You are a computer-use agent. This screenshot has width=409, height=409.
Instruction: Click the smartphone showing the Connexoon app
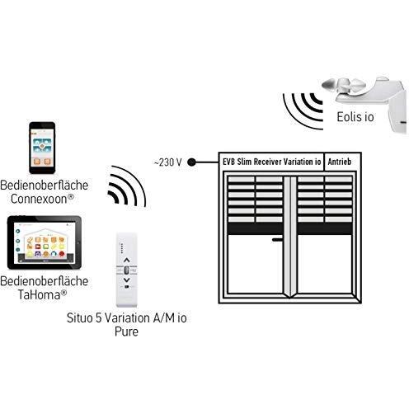click(x=42, y=148)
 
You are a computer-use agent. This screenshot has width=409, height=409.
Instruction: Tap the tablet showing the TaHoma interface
click(x=45, y=242)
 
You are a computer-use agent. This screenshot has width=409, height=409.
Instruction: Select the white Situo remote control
click(x=126, y=270)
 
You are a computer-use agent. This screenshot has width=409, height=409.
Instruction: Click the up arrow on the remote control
click(x=126, y=260)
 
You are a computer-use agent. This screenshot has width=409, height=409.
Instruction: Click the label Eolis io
click(x=355, y=117)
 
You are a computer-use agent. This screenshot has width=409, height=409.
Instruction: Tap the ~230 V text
click(x=168, y=162)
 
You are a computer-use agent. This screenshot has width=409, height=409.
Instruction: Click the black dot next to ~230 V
click(x=191, y=162)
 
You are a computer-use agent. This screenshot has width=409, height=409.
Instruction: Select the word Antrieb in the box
click(x=340, y=162)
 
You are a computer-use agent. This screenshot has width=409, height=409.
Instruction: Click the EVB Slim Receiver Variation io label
click(x=271, y=162)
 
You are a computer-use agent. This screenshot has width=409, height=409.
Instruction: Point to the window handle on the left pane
click(x=277, y=240)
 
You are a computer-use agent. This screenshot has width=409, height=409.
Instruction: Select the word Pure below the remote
click(x=126, y=331)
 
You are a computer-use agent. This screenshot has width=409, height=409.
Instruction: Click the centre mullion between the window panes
click(x=290, y=237)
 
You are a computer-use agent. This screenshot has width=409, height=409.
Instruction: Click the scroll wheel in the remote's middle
click(x=126, y=270)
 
